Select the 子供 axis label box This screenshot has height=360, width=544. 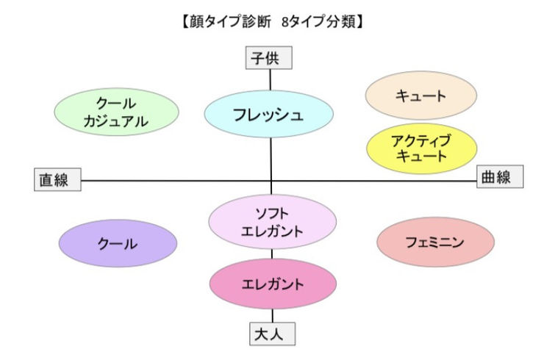(x=269, y=58)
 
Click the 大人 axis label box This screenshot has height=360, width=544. (x=272, y=334)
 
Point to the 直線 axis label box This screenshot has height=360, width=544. (x=57, y=180)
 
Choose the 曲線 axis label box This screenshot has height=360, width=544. (x=499, y=177)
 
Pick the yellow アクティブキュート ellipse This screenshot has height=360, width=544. (x=421, y=148)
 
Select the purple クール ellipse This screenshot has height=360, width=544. (x=118, y=243)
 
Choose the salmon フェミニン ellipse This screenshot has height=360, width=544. (x=435, y=242)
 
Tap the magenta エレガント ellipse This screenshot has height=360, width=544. (x=272, y=282)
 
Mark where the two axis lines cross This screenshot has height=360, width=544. (x=271, y=179)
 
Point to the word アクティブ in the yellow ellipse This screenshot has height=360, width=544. (x=421, y=140)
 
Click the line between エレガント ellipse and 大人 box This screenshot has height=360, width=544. (x=272, y=314)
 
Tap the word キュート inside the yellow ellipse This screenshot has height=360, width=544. (x=421, y=156)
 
